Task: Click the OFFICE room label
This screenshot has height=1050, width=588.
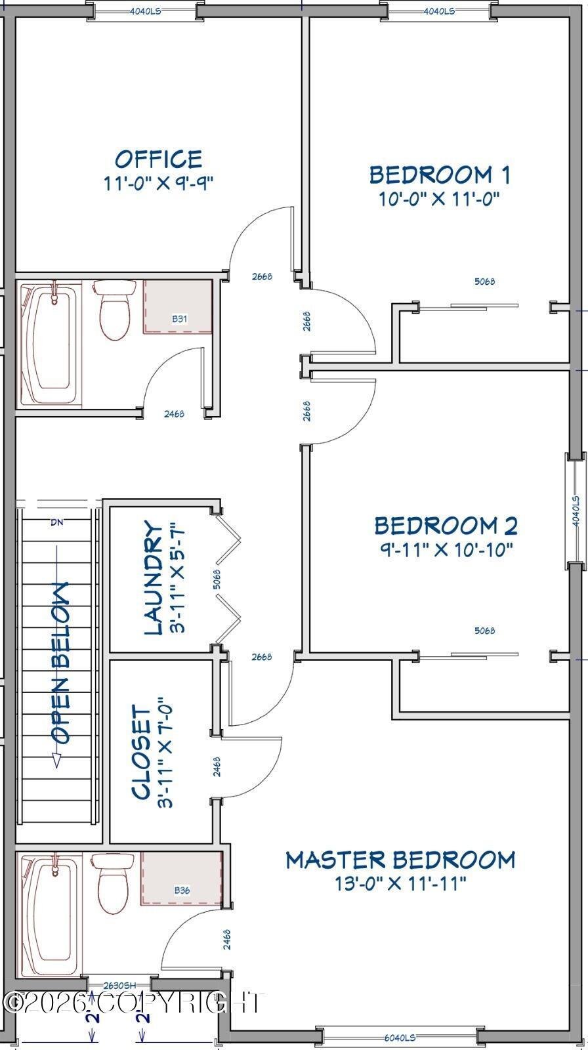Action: pyautogui.click(x=159, y=159)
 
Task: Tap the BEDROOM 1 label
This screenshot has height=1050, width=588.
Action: pyautogui.click(x=439, y=175)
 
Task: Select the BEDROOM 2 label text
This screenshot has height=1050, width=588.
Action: pyautogui.click(x=446, y=526)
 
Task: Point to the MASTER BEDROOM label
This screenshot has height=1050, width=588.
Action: pyautogui.click(x=400, y=860)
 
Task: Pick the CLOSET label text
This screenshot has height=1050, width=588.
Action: pyautogui.click(x=140, y=752)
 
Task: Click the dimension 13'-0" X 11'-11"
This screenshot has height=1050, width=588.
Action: pyautogui.click(x=400, y=883)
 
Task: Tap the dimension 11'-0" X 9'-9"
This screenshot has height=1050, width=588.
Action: pyautogui.click(x=159, y=182)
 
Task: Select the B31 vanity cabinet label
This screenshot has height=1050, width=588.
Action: pyautogui.click(x=180, y=319)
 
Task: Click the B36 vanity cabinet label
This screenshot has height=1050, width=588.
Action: pyautogui.click(x=182, y=890)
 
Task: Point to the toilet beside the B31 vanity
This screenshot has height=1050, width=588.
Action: pyautogui.click(x=115, y=309)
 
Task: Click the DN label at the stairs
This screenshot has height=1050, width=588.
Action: pyautogui.click(x=56, y=522)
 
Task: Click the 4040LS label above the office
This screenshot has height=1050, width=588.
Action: pyautogui.click(x=145, y=10)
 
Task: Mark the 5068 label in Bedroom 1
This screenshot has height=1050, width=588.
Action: pyautogui.click(x=484, y=282)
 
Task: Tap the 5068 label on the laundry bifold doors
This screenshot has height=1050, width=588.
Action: pyautogui.click(x=217, y=579)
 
